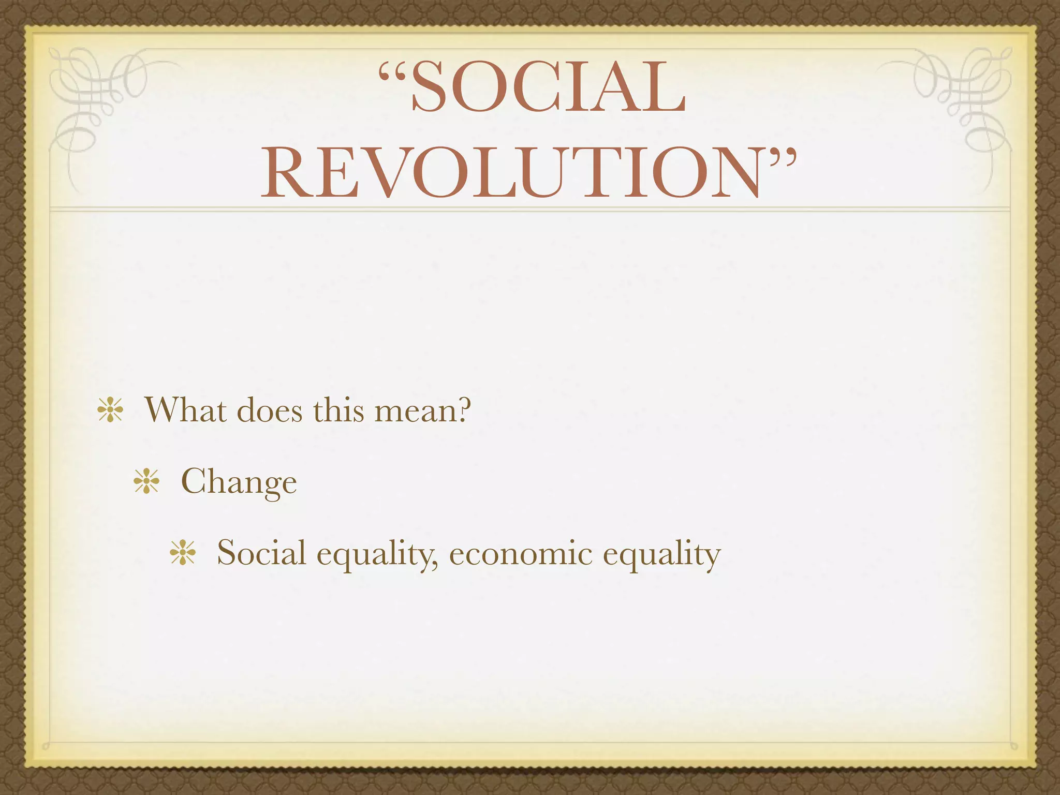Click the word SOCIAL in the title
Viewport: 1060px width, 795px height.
[x=549, y=87]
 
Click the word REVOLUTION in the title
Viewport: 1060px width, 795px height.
[x=510, y=173]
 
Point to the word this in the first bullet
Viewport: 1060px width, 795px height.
[x=338, y=410]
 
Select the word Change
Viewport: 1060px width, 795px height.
[x=239, y=482]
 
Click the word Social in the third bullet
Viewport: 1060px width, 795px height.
[x=261, y=553]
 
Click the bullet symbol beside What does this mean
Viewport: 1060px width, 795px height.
[x=110, y=411]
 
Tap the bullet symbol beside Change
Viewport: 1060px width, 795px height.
[x=146, y=482]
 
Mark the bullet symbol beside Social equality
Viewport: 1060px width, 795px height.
[x=183, y=554]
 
